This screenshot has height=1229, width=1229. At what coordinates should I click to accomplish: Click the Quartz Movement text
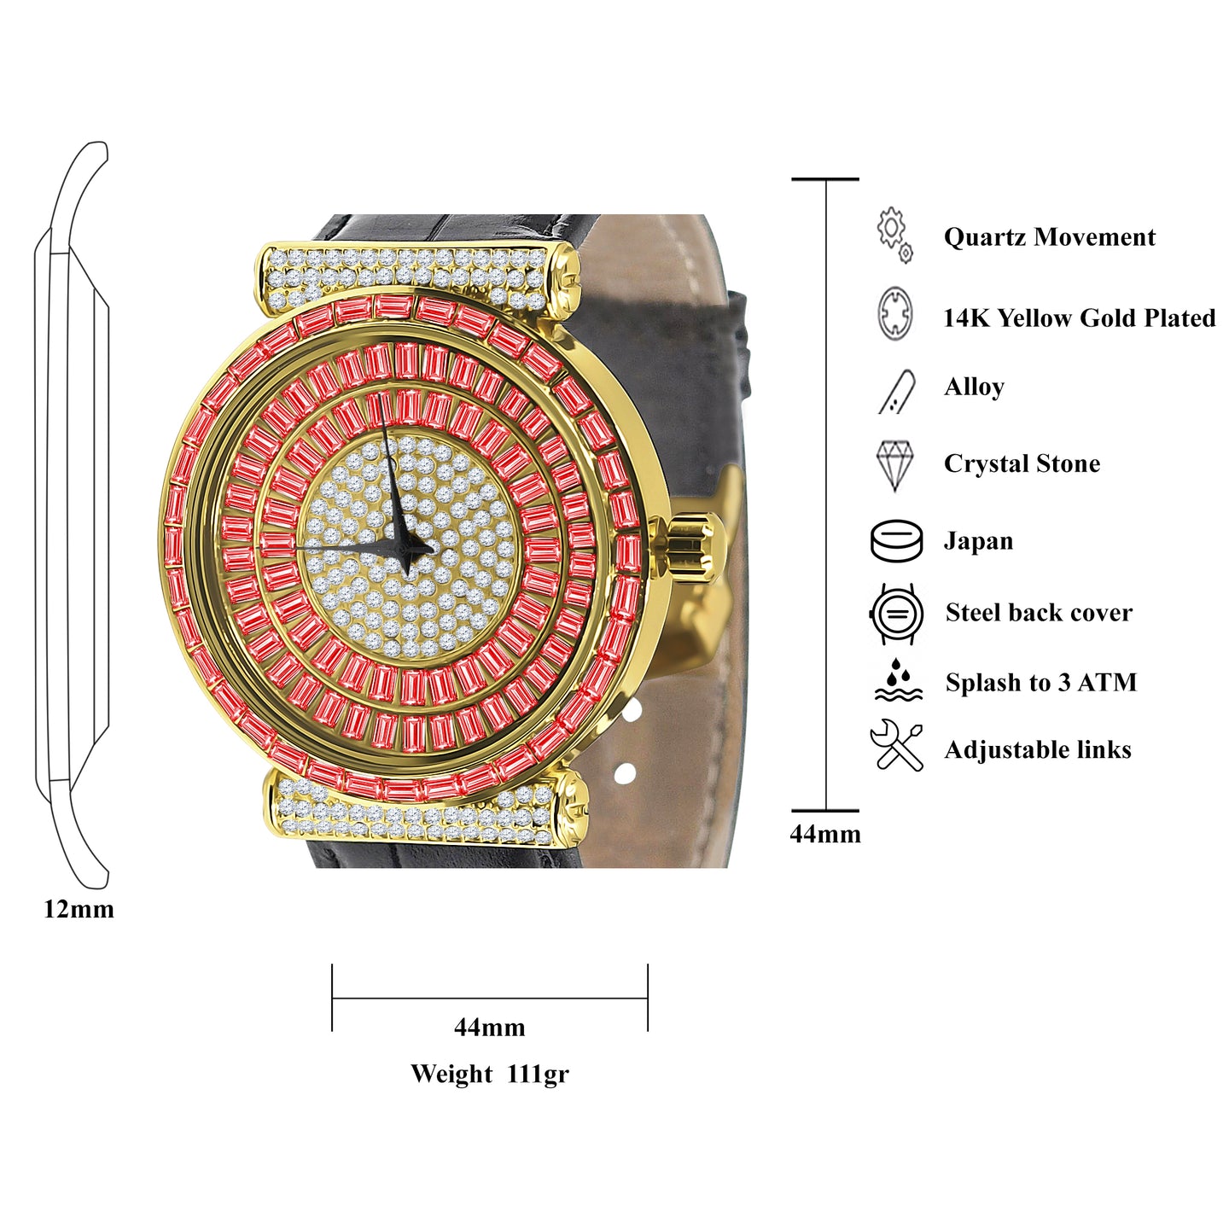click(1049, 236)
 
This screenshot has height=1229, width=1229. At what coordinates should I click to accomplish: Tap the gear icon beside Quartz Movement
click(894, 233)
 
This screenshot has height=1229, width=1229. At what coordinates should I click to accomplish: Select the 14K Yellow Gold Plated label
click(1079, 317)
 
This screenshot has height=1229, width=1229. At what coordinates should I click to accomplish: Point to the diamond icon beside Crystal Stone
click(894, 464)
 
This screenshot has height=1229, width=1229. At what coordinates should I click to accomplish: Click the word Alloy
click(974, 387)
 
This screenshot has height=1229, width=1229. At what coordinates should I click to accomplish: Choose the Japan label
click(978, 541)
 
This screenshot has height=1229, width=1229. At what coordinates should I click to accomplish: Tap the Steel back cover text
click(1039, 612)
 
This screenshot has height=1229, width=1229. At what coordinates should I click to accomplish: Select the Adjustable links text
click(1038, 749)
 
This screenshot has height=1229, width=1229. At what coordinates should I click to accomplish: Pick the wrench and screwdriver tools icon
click(896, 746)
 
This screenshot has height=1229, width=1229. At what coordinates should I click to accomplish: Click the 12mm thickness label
click(79, 909)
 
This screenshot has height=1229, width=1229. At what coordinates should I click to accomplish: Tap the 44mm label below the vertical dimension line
click(824, 834)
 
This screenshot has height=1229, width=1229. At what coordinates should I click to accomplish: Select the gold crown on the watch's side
click(690, 548)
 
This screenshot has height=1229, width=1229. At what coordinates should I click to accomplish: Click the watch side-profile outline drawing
click(73, 512)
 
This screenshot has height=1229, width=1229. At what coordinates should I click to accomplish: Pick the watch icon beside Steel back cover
click(896, 613)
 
